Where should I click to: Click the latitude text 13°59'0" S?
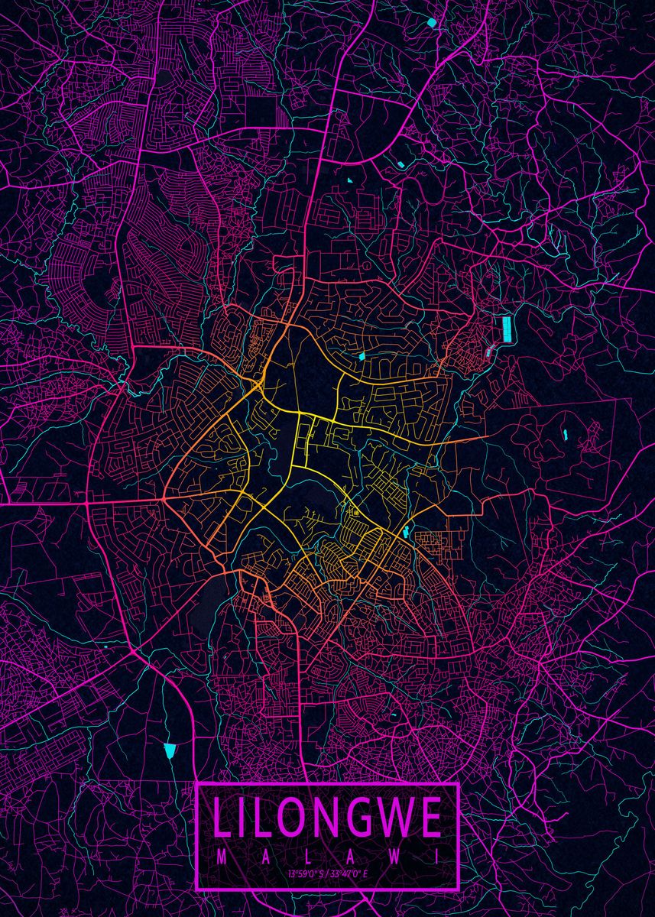pos(306,873)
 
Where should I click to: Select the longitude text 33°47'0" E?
pos(349,873)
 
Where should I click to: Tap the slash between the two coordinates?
pos(326,873)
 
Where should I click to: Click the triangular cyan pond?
pos(170,750)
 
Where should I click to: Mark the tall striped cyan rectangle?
pos(506,330)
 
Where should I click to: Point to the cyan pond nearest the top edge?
pos(432,22)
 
